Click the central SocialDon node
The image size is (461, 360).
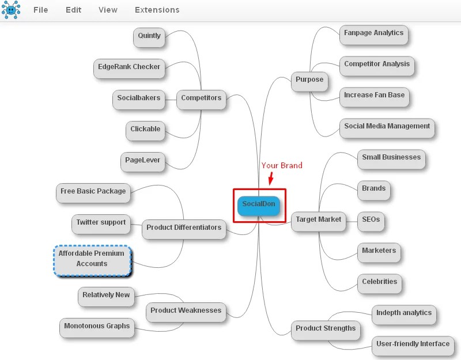(258, 206)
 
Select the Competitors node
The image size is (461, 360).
(201, 100)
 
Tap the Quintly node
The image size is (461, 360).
(149, 37)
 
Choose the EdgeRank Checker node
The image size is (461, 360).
(129, 69)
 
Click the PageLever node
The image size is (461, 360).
(142, 162)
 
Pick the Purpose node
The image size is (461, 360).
(309, 81)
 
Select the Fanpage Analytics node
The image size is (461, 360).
(373, 35)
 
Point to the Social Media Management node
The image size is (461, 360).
(387, 128)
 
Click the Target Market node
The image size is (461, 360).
(319, 221)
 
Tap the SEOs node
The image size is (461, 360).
(371, 221)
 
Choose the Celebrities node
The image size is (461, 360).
(380, 283)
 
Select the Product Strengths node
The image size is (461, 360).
(326, 330)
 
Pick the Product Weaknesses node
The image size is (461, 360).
(186, 312)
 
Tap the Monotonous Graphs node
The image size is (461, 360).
(97, 328)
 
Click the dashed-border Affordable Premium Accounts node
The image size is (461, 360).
(92, 260)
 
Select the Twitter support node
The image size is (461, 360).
(101, 224)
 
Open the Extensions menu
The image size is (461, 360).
(157, 10)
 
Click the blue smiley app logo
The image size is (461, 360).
(11, 10)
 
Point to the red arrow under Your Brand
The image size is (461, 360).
(271, 179)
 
